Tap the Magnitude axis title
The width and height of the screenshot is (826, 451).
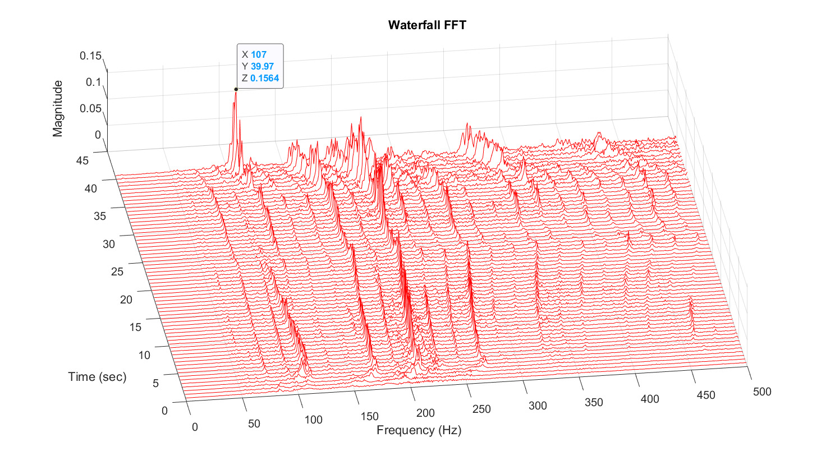[58, 108]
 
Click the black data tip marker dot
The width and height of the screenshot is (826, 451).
[236, 89]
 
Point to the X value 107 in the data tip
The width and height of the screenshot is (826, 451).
[259, 54]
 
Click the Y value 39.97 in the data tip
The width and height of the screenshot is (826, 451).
[262, 66]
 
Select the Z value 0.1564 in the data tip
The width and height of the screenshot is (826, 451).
[265, 78]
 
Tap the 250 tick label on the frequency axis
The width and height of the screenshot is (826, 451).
[482, 409]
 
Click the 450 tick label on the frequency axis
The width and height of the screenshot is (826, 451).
[706, 395]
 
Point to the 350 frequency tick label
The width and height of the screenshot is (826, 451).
[594, 402]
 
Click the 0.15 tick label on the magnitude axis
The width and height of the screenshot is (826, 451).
[90, 56]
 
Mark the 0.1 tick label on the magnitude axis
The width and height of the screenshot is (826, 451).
[94, 82]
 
